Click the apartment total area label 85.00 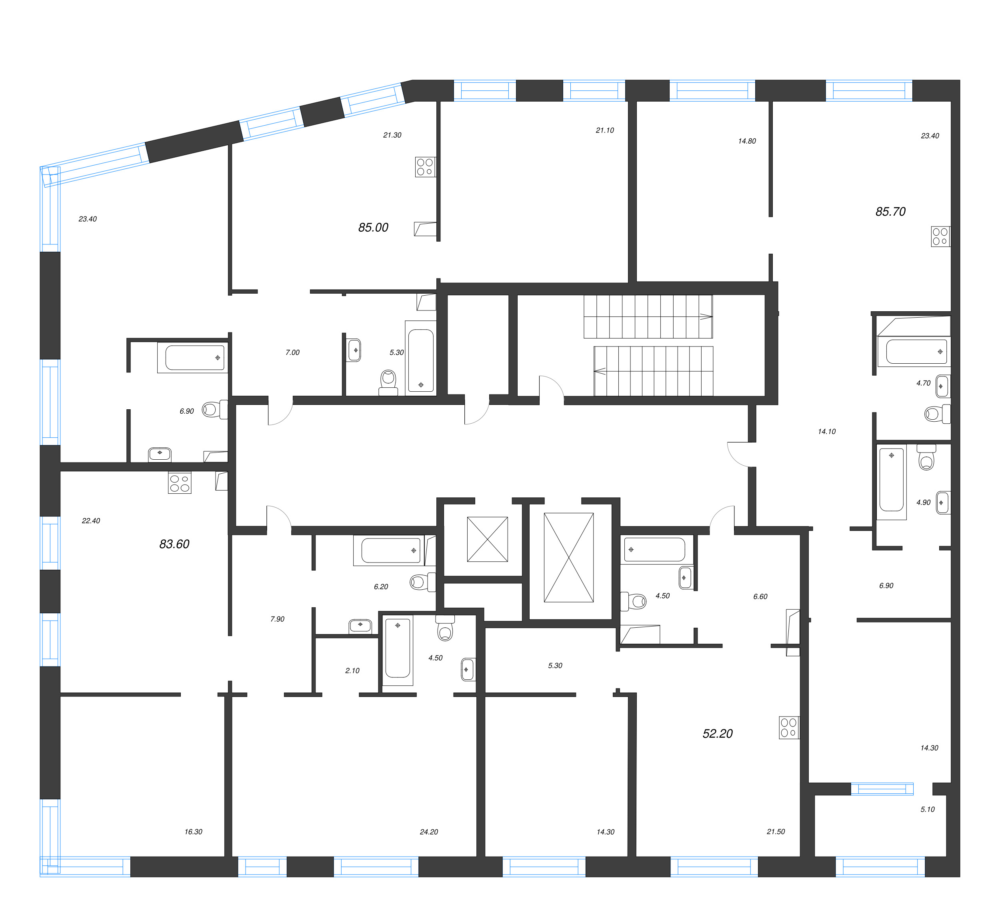pos(373,228)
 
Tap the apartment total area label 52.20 pos(717,733)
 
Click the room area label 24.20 pos(428,832)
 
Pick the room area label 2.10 pos(352,671)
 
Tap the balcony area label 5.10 pos(927,809)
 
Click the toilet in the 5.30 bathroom pos(388,382)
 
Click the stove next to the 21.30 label pos(425,167)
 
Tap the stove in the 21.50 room pos(789,727)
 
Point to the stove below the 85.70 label pos(940,237)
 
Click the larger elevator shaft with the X pos(568,558)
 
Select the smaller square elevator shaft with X pos(487,539)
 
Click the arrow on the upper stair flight pos(706,316)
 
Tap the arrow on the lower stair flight pos(600,370)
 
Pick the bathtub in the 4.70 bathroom pos(916,351)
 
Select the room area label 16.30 pos(194,832)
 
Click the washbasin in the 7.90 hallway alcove pos(360,626)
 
